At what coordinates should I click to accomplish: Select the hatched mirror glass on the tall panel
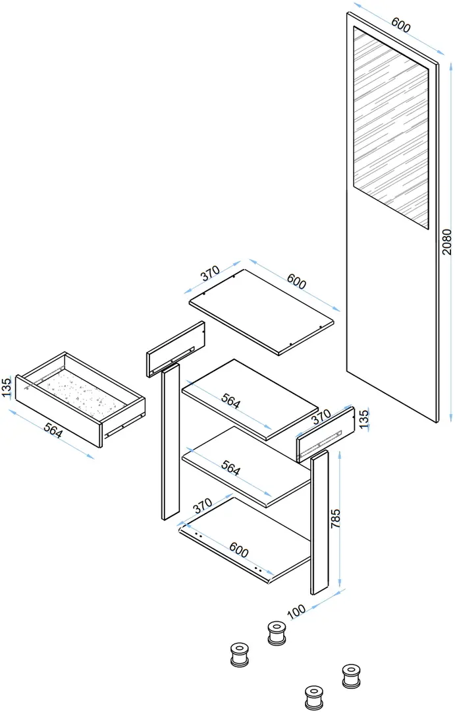pos(391,125)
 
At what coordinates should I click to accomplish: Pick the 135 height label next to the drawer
pos(7,389)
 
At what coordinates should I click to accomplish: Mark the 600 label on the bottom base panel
pos(238,549)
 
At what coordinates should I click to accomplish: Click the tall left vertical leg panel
pos(170,442)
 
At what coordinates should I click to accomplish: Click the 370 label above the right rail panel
pos(320,417)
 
